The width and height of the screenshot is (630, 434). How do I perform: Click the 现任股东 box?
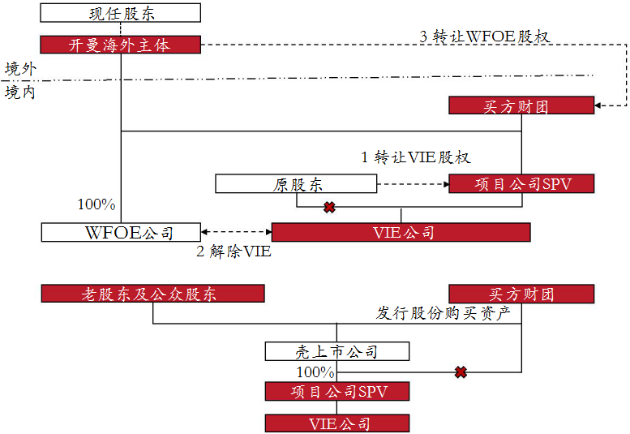point(121,13)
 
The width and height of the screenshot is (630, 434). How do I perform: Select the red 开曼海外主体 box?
point(121,45)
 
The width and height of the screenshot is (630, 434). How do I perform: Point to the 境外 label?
point(19,68)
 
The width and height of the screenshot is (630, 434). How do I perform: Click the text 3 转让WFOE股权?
point(485,37)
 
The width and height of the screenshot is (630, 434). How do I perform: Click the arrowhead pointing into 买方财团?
point(599,105)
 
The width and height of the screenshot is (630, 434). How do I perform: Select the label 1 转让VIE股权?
point(415,157)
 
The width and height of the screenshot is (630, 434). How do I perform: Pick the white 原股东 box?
point(296,184)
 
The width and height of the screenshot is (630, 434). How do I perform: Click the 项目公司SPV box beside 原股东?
point(521,184)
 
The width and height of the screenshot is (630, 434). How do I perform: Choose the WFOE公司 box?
point(120,233)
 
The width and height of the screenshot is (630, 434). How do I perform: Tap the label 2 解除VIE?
point(234,252)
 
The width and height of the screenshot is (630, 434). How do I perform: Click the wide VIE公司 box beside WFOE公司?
point(401,233)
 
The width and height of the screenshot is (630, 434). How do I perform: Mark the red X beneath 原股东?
point(329,208)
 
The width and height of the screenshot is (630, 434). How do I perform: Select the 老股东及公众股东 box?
point(152,294)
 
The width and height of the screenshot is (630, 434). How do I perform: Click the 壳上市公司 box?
point(336,352)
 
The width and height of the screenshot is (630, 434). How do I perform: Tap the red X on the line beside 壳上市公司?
point(461,372)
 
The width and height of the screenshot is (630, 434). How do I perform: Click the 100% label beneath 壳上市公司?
point(315,372)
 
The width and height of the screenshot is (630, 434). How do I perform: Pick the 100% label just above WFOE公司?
point(96,204)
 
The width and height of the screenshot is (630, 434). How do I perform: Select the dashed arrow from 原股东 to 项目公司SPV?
point(414,184)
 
